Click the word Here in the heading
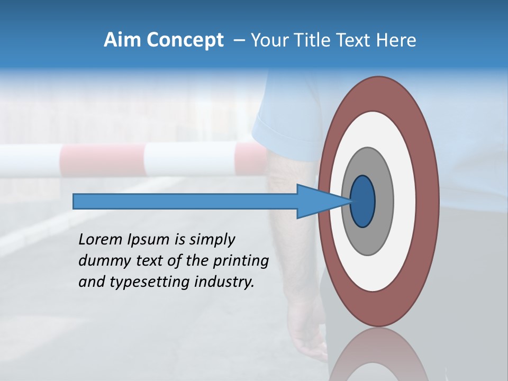tap(397, 40)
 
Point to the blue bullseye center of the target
tap(362, 202)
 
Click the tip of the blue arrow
tap(349, 202)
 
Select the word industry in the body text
tap(224, 282)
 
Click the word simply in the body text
tap(212, 240)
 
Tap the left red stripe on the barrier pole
tap(102, 159)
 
